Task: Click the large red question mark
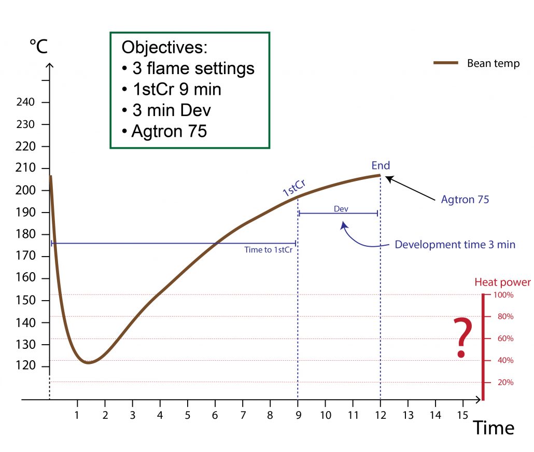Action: pyautogui.click(x=462, y=338)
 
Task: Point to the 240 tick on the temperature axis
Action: pyautogui.click(x=25, y=103)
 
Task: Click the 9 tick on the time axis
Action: pyautogui.click(x=298, y=416)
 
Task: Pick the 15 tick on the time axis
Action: pyautogui.click(x=462, y=416)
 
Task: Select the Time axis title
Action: pyautogui.click(x=493, y=428)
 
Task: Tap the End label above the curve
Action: pyautogui.click(x=381, y=166)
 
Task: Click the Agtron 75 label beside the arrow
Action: pyautogui.click(x=465, y=199)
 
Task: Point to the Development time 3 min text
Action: pyautogui.click(x=455, y=244)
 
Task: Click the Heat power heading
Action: pyautogui.click(x=502, y=282)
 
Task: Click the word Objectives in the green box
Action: pyautogui.click(x=164, y=48)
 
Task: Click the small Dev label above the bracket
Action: pyautogui.click(x=341, y=208)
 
